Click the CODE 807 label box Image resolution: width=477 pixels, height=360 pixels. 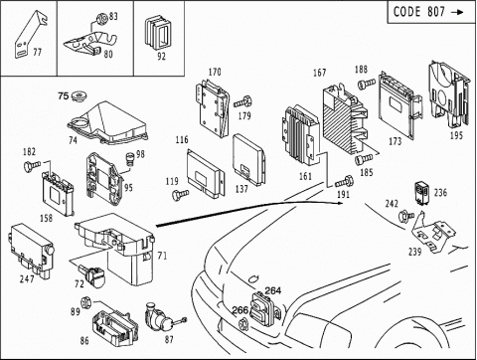pos(431,12)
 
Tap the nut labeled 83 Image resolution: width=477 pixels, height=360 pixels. pos(102,18)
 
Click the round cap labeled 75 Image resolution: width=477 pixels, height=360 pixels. pos(79,96)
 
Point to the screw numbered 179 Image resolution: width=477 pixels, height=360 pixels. pos(243,102)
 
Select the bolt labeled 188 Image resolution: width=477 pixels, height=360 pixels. pos(367,84)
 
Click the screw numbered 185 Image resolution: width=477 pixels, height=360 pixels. pos(364,160)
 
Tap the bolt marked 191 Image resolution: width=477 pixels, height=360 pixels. pos(345,182)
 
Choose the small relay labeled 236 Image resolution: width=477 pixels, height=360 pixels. pos(422,192)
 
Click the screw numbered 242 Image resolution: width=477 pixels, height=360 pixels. pos(406,216)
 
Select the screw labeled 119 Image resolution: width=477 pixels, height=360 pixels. pos(181,194)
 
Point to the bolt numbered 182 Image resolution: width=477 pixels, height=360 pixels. pos(32,166)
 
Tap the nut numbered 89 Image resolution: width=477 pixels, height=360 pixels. pos(85,302)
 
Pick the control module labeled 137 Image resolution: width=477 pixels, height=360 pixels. pos(249,158)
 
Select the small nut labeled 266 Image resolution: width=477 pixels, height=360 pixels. pos(243,323)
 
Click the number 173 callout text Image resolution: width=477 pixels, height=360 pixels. pos(395,141)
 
